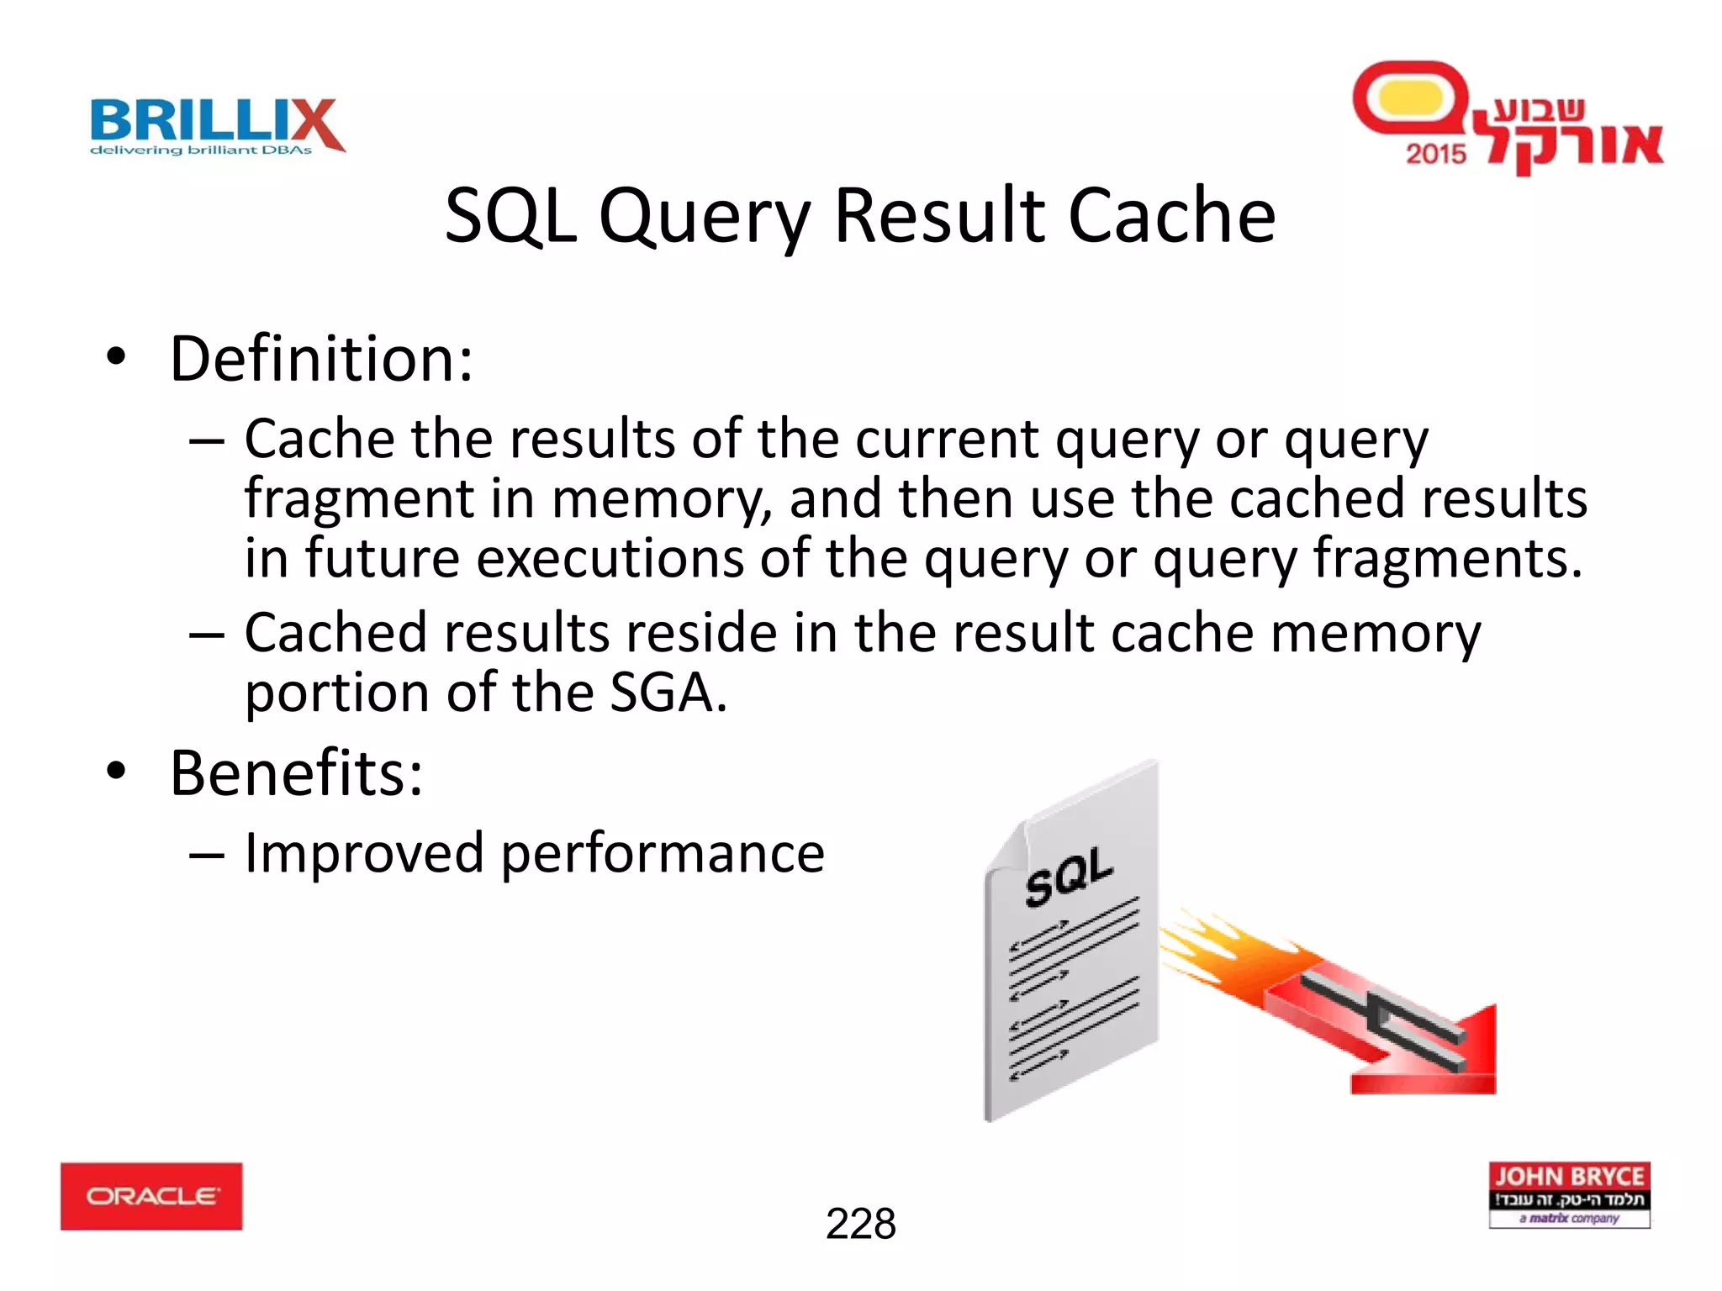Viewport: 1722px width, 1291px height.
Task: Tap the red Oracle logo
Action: click(151, 1195)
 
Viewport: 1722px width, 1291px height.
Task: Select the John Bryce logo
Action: click(1569, 1194)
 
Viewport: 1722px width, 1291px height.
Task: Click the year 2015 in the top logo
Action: click(1435, 154)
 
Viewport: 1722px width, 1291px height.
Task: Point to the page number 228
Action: click(860, 1224)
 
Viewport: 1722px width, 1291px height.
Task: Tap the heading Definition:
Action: click(321, 359)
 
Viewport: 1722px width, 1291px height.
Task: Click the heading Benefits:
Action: click(296, 772)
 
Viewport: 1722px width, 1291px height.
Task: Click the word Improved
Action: click(363, 853)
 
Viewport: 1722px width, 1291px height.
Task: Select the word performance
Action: click(663, 855)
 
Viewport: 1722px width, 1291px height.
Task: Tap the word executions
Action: click(610, 558)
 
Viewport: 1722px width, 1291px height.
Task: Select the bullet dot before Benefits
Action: click(116, 771)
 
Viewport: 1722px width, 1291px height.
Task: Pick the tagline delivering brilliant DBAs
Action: click(201, 150)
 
